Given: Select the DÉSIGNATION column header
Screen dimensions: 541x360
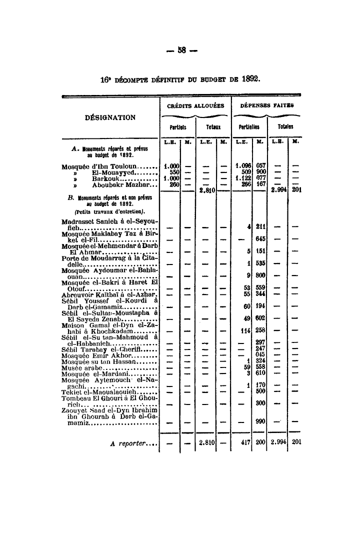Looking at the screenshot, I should coord(110,117).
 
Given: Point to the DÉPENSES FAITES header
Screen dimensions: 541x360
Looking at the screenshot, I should coord(266,105).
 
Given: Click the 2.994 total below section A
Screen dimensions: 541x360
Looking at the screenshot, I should coord(278,190).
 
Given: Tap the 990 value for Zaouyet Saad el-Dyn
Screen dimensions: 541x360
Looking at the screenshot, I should coord(259,421).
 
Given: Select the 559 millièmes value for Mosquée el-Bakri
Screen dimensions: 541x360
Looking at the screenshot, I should coord(259,287).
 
